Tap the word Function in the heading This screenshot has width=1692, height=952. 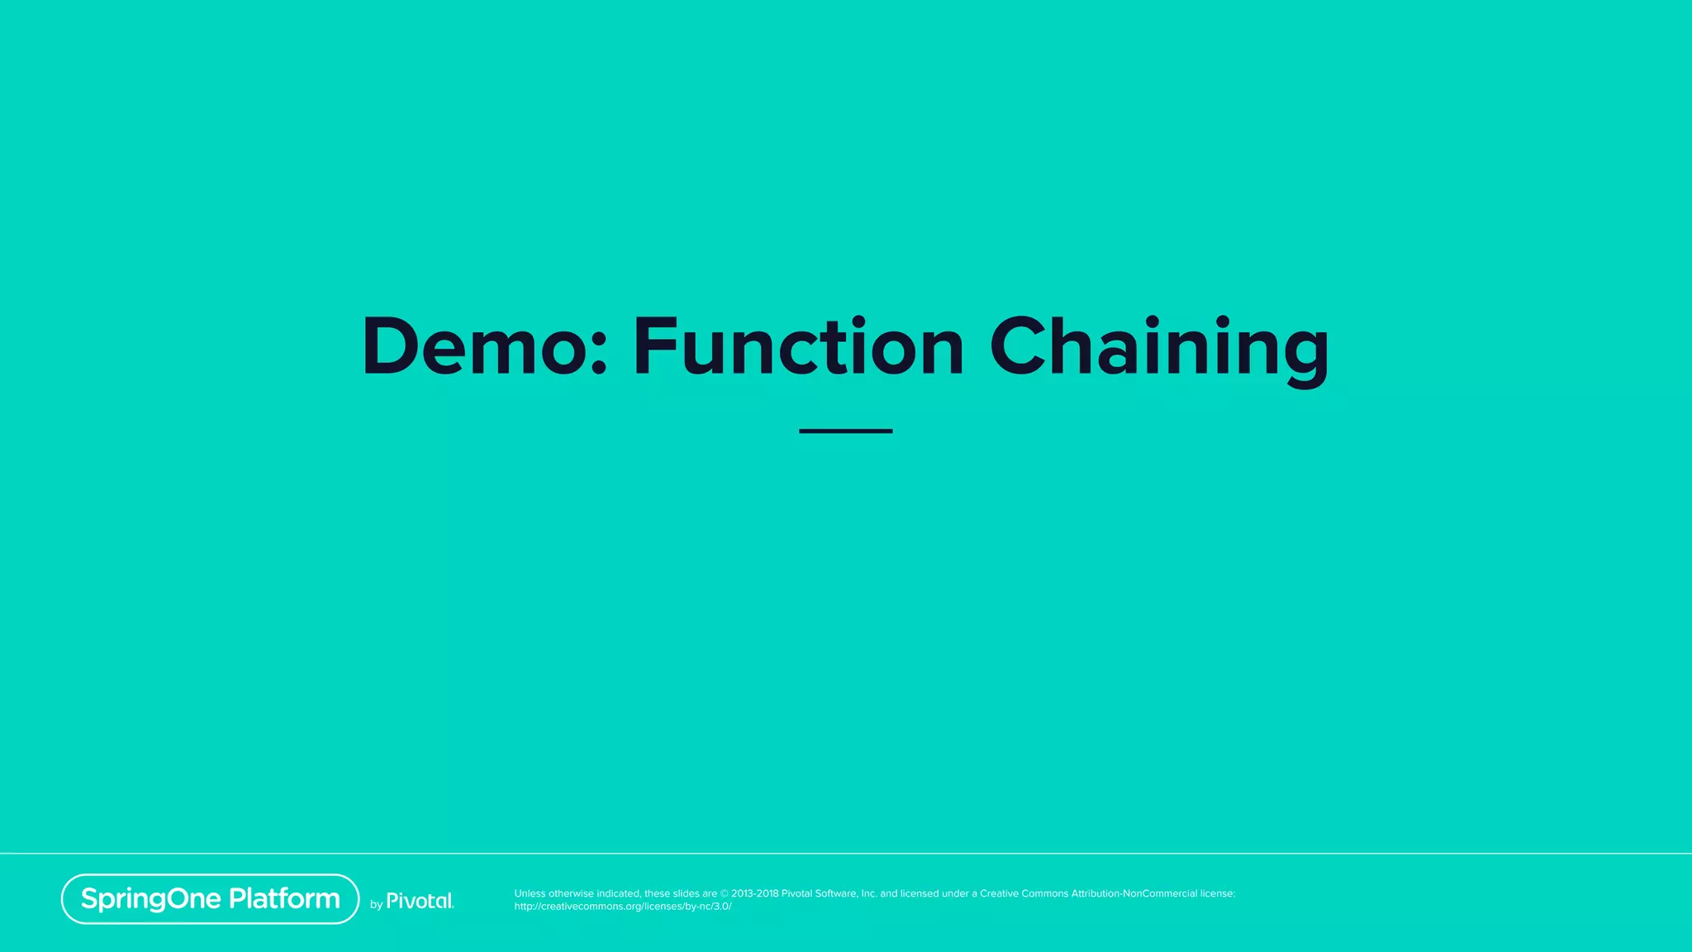tap(798, 347)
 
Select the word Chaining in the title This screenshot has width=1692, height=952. tap(1159, 347)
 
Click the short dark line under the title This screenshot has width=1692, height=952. tap(845, 431)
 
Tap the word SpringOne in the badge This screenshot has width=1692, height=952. tap(151, 899)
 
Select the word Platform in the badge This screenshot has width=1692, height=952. tap(284, 899)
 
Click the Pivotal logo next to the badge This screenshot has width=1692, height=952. tap(420, 901)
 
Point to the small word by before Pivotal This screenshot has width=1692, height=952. tap(376, 905)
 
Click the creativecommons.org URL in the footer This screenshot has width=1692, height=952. tap(623, 907)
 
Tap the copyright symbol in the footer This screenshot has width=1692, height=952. tap(725, 893)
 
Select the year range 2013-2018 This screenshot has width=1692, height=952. tap(754, 893)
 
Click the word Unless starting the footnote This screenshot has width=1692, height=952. tap(530, 893)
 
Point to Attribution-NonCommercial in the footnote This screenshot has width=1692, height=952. tap(1134, 893)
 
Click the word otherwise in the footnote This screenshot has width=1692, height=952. tap(571, 893)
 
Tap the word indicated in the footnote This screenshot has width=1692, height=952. tap(618, 893)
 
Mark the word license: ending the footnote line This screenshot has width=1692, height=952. tap(1218, 893)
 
